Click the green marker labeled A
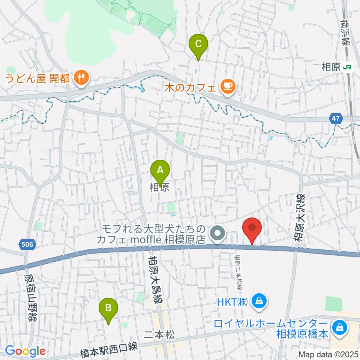click(x=160, y=171)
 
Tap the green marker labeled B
click(x=108, y=309)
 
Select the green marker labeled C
click(x=198, y=45)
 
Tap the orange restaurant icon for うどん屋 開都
click(x=81, y=78)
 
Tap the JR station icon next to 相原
click(x=348, y=67)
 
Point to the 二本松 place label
click(x=159, y=335)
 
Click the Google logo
click(x=25, y=351)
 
